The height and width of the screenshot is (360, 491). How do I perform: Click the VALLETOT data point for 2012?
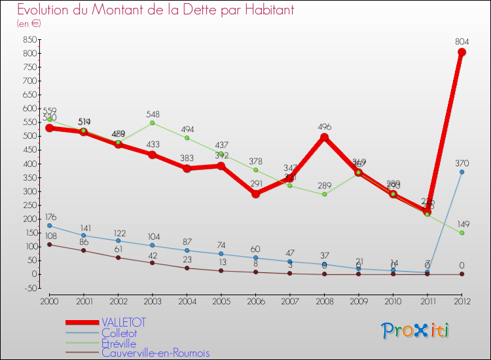point(462,52)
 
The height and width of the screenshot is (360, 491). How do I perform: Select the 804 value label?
point(462,41)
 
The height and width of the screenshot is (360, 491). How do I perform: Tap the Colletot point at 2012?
point(462,172)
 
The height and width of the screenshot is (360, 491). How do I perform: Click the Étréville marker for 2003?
point(152,122)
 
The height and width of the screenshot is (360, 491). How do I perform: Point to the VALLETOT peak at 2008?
point(325,137)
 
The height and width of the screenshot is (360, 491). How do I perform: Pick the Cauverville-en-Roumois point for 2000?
point(48,245)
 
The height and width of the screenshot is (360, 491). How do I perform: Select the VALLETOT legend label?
point(124,322)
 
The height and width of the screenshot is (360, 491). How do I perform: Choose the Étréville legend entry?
point(118,343)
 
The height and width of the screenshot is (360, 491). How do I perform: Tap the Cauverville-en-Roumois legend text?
point(156,353)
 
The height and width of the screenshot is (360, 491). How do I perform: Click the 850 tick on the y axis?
point(28,39)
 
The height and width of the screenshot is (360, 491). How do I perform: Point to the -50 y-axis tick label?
point(29,288)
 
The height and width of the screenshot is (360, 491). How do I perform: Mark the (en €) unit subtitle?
point(29,24)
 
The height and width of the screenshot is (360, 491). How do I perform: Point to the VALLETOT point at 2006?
point(255,194)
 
